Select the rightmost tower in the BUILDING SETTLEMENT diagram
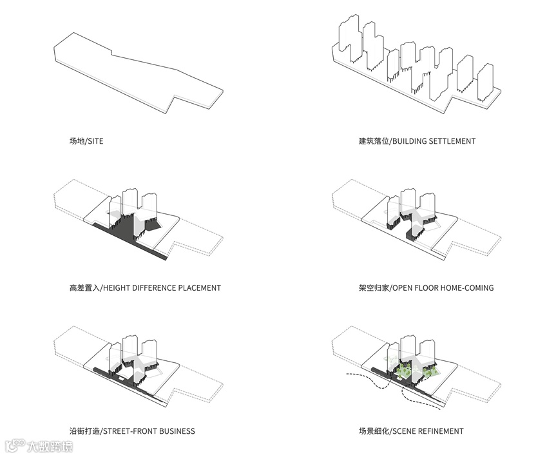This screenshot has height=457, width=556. point(485,81)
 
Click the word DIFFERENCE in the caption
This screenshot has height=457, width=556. point(158,287)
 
